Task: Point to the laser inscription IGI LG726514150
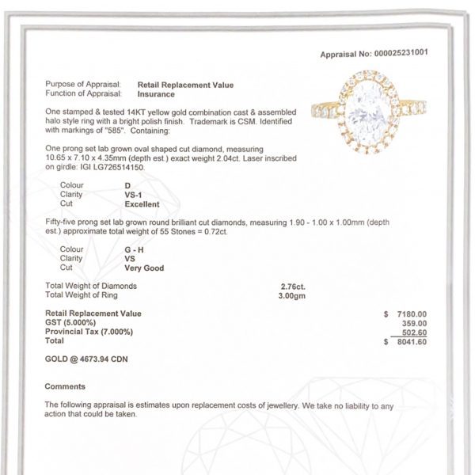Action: (x=116, y=168)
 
